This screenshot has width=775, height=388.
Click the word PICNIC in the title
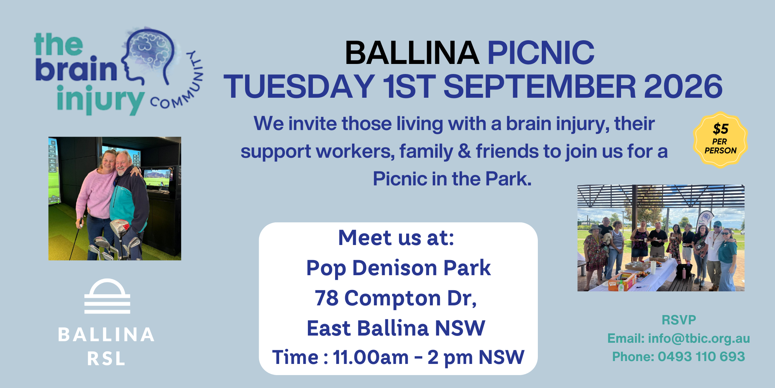click(541, 53)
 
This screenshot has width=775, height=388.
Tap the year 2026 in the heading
click(683, 86)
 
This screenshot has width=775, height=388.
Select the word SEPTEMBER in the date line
click(540, 86)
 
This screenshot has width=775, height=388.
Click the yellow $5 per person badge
click(720, 140)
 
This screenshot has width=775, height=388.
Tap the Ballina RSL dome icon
click(107, 296)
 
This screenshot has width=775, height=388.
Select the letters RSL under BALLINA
click(106, 358)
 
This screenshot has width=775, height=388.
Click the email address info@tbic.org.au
click(699, 338)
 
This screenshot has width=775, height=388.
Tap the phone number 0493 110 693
click(701, 356)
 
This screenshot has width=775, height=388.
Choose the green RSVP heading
click(678, 320)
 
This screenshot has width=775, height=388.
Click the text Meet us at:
click(396, 238)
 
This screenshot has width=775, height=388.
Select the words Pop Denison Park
click(398, 268)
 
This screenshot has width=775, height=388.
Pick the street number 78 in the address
click(327, 298)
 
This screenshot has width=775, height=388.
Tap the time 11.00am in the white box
click(371, 357)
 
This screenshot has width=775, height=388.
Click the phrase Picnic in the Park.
click(452, 179)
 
